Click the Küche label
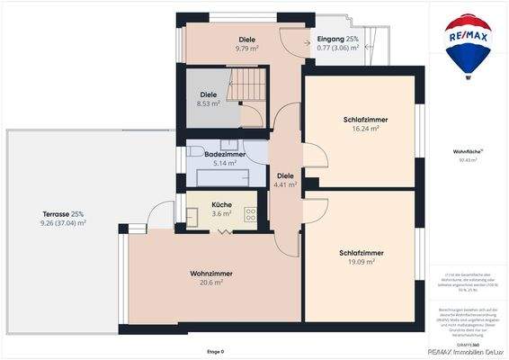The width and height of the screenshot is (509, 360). pos(221,204)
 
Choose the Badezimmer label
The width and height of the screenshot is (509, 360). pos(212,155)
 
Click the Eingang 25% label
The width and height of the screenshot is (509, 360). pos(338,40)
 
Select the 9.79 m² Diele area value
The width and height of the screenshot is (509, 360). pos(247,49)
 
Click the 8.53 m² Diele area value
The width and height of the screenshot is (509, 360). pos(209,103)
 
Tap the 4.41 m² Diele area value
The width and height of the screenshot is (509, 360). pos(285,185)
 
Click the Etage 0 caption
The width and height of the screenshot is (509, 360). pos(215,352)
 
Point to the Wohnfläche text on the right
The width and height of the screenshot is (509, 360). pos(468,153)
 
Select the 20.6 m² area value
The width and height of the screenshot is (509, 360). pos(212,283)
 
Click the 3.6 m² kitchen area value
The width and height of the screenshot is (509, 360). pos(221,214)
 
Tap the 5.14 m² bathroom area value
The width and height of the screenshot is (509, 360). pos(212,165)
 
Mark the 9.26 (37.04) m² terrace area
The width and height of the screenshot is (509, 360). pos(63,222)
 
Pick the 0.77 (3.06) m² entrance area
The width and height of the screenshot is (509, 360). pos(338,49)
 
